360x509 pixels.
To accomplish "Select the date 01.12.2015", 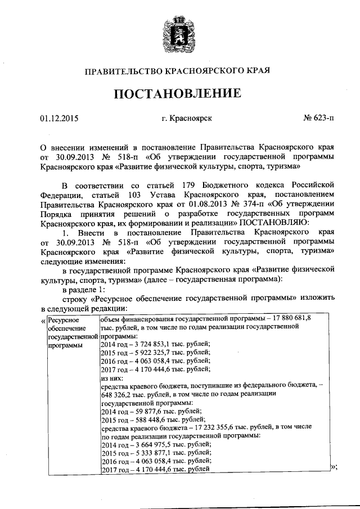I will [59, 119].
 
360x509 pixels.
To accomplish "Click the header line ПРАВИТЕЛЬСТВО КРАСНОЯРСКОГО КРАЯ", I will [178, 71].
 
